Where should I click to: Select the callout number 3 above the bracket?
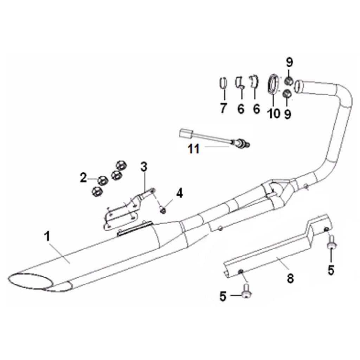click(144, 167)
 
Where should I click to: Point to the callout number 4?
click(179, 193)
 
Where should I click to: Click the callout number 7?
click(223, 108)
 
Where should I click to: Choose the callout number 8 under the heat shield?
click(290, 278)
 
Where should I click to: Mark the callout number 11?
click(194, 149)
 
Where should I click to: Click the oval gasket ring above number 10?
click(273, 84)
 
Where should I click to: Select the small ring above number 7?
click(223, 83)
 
